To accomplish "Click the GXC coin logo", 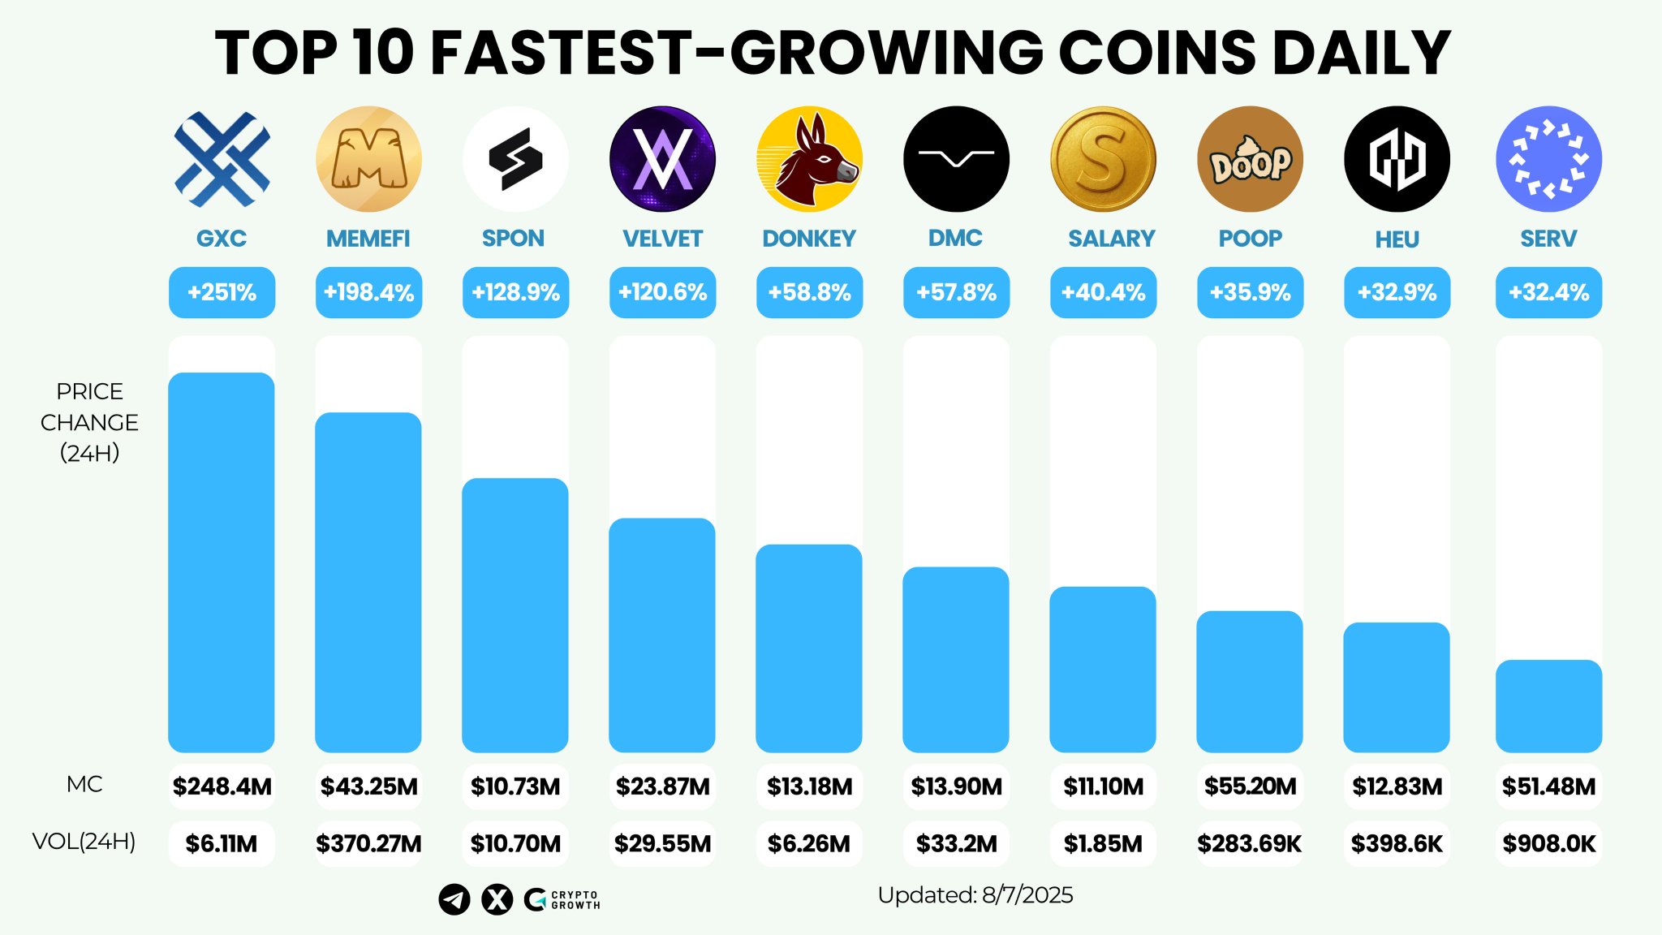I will pos(222,159).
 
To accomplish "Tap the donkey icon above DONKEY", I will pos(809,159).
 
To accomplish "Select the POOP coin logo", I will pos(1250,159).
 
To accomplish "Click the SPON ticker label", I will pos(513,239).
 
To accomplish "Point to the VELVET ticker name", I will pos(662,239).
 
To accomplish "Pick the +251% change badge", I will pos(222,292).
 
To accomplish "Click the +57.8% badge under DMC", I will pos(956,292).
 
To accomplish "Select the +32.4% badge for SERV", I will pos(1548,292).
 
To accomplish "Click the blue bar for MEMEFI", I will pos(368,582).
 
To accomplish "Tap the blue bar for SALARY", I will pos(1103,669).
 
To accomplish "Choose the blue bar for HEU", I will pos(1397,687).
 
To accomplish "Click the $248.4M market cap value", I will pos(222,786).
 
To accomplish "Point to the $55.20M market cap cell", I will pos(1250,786).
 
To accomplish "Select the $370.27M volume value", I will pos(368,844).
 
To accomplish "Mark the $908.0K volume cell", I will pos(1548,844).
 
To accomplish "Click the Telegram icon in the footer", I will pos(454,899).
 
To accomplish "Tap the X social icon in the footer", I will pos(497,899).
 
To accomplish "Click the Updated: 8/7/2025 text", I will pos(975,895).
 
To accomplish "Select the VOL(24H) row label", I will pos(84,842).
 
